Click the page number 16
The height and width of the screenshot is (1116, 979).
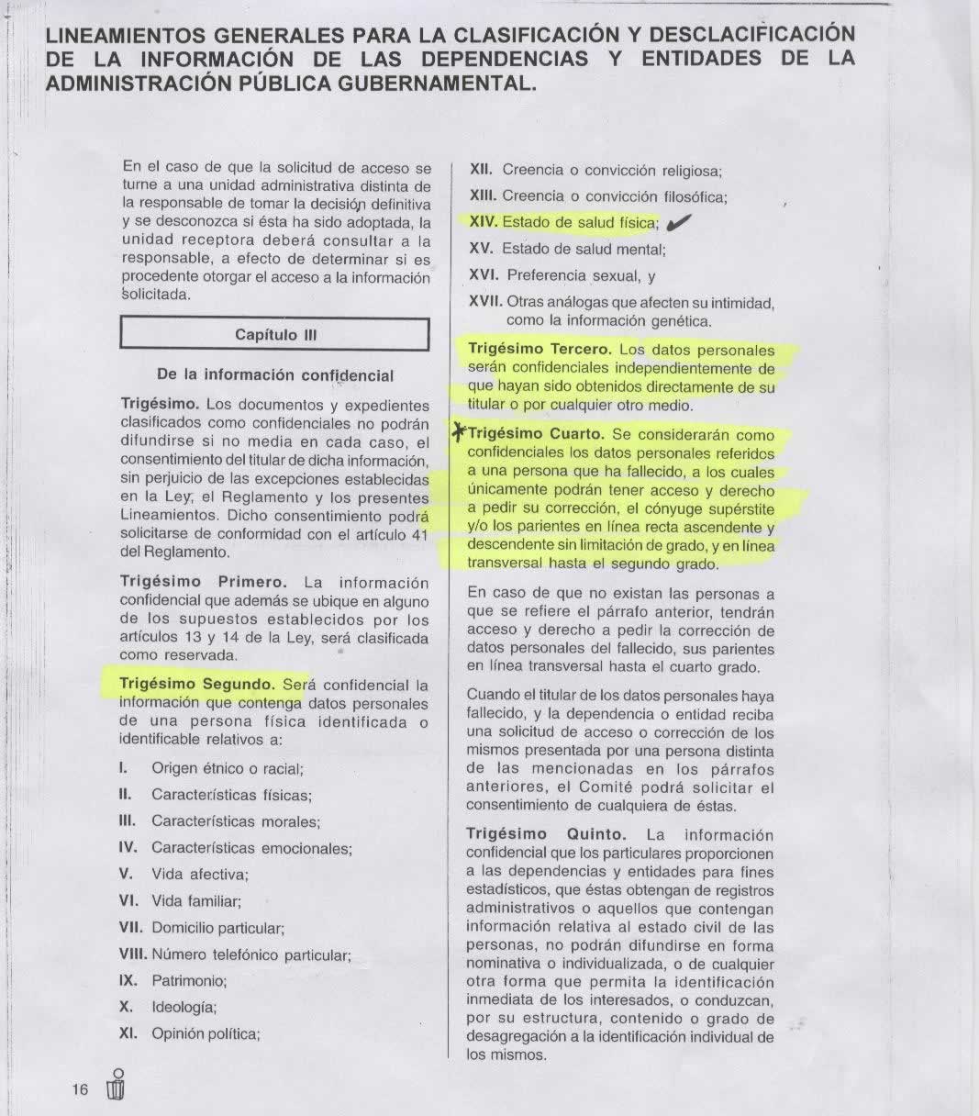80,1089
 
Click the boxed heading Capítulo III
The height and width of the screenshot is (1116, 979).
274,335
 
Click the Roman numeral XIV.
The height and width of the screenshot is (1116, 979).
484,222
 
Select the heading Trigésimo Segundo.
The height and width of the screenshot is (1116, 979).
197,684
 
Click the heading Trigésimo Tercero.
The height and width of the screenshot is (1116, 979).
539,350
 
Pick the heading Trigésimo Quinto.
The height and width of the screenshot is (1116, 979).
546,834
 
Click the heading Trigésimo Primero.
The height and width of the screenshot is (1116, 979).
204,583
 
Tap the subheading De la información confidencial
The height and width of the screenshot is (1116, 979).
275,375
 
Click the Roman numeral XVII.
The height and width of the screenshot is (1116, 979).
485,301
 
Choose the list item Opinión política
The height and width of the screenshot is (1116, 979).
206,1033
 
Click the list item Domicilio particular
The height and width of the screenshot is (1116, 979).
217,928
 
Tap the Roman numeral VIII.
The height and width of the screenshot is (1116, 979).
133,954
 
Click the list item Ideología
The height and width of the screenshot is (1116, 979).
184,1007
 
